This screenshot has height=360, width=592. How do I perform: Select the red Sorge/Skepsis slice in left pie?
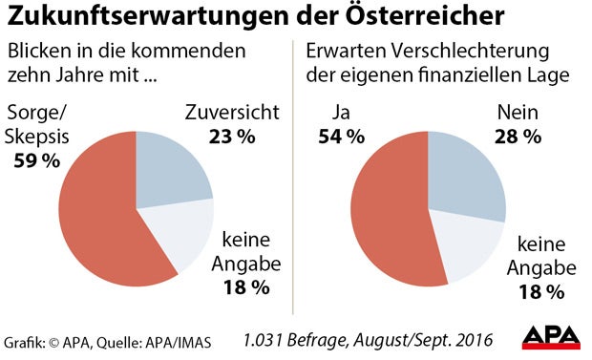tap(95, 220)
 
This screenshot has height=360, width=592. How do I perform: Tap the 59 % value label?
tap(37, 160)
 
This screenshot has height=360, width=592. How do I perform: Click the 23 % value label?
tap(232, 137)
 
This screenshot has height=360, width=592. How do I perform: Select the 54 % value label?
tap(342, 137)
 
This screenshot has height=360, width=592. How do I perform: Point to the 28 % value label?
tap(518, 137)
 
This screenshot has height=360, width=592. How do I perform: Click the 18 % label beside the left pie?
tap(246, 286)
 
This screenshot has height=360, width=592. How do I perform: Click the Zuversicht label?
tap(232, 114)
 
